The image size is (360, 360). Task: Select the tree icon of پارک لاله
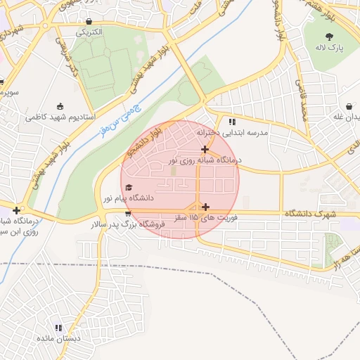pos(329,36)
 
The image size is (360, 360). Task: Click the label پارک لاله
pos(329,47)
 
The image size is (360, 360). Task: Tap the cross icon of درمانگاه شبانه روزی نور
pos(205,149)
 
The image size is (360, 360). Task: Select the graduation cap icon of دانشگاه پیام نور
pos(128,187)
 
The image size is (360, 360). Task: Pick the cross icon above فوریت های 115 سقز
pos(205,207)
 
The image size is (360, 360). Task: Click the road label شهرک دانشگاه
pos(312,213)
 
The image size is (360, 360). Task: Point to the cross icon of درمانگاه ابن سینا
pos(16,210)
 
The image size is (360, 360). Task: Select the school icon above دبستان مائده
pos(58,328)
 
